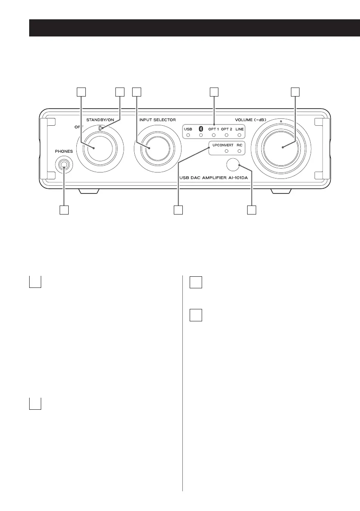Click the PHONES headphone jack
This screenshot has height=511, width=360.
click(64, 164)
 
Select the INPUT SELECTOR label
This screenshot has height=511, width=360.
click(157, 119)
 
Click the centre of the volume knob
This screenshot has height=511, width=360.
click(282, 147)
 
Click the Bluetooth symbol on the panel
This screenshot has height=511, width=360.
click(200, 128)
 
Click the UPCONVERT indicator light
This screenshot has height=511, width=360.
click(227, 151)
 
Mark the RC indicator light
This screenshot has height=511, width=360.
click(239, 151)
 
